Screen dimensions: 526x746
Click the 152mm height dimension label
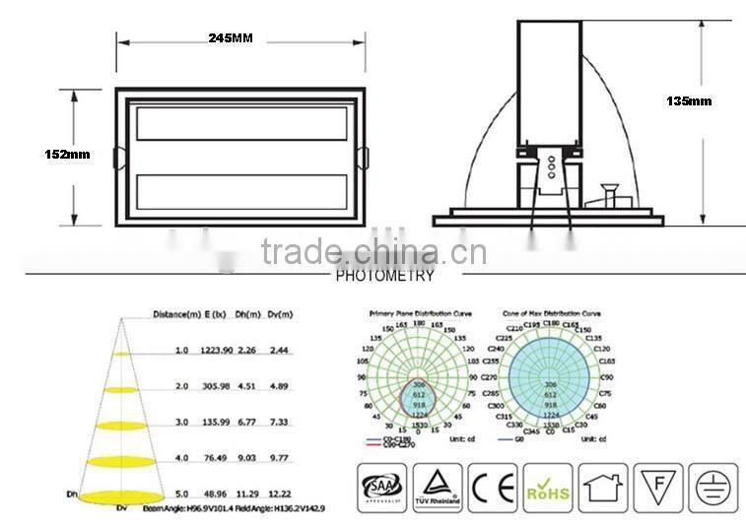(67, 155)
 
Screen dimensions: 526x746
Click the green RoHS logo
(547, 488)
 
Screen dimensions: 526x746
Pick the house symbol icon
(602, 488)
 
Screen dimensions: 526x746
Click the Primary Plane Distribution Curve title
(420, 313)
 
